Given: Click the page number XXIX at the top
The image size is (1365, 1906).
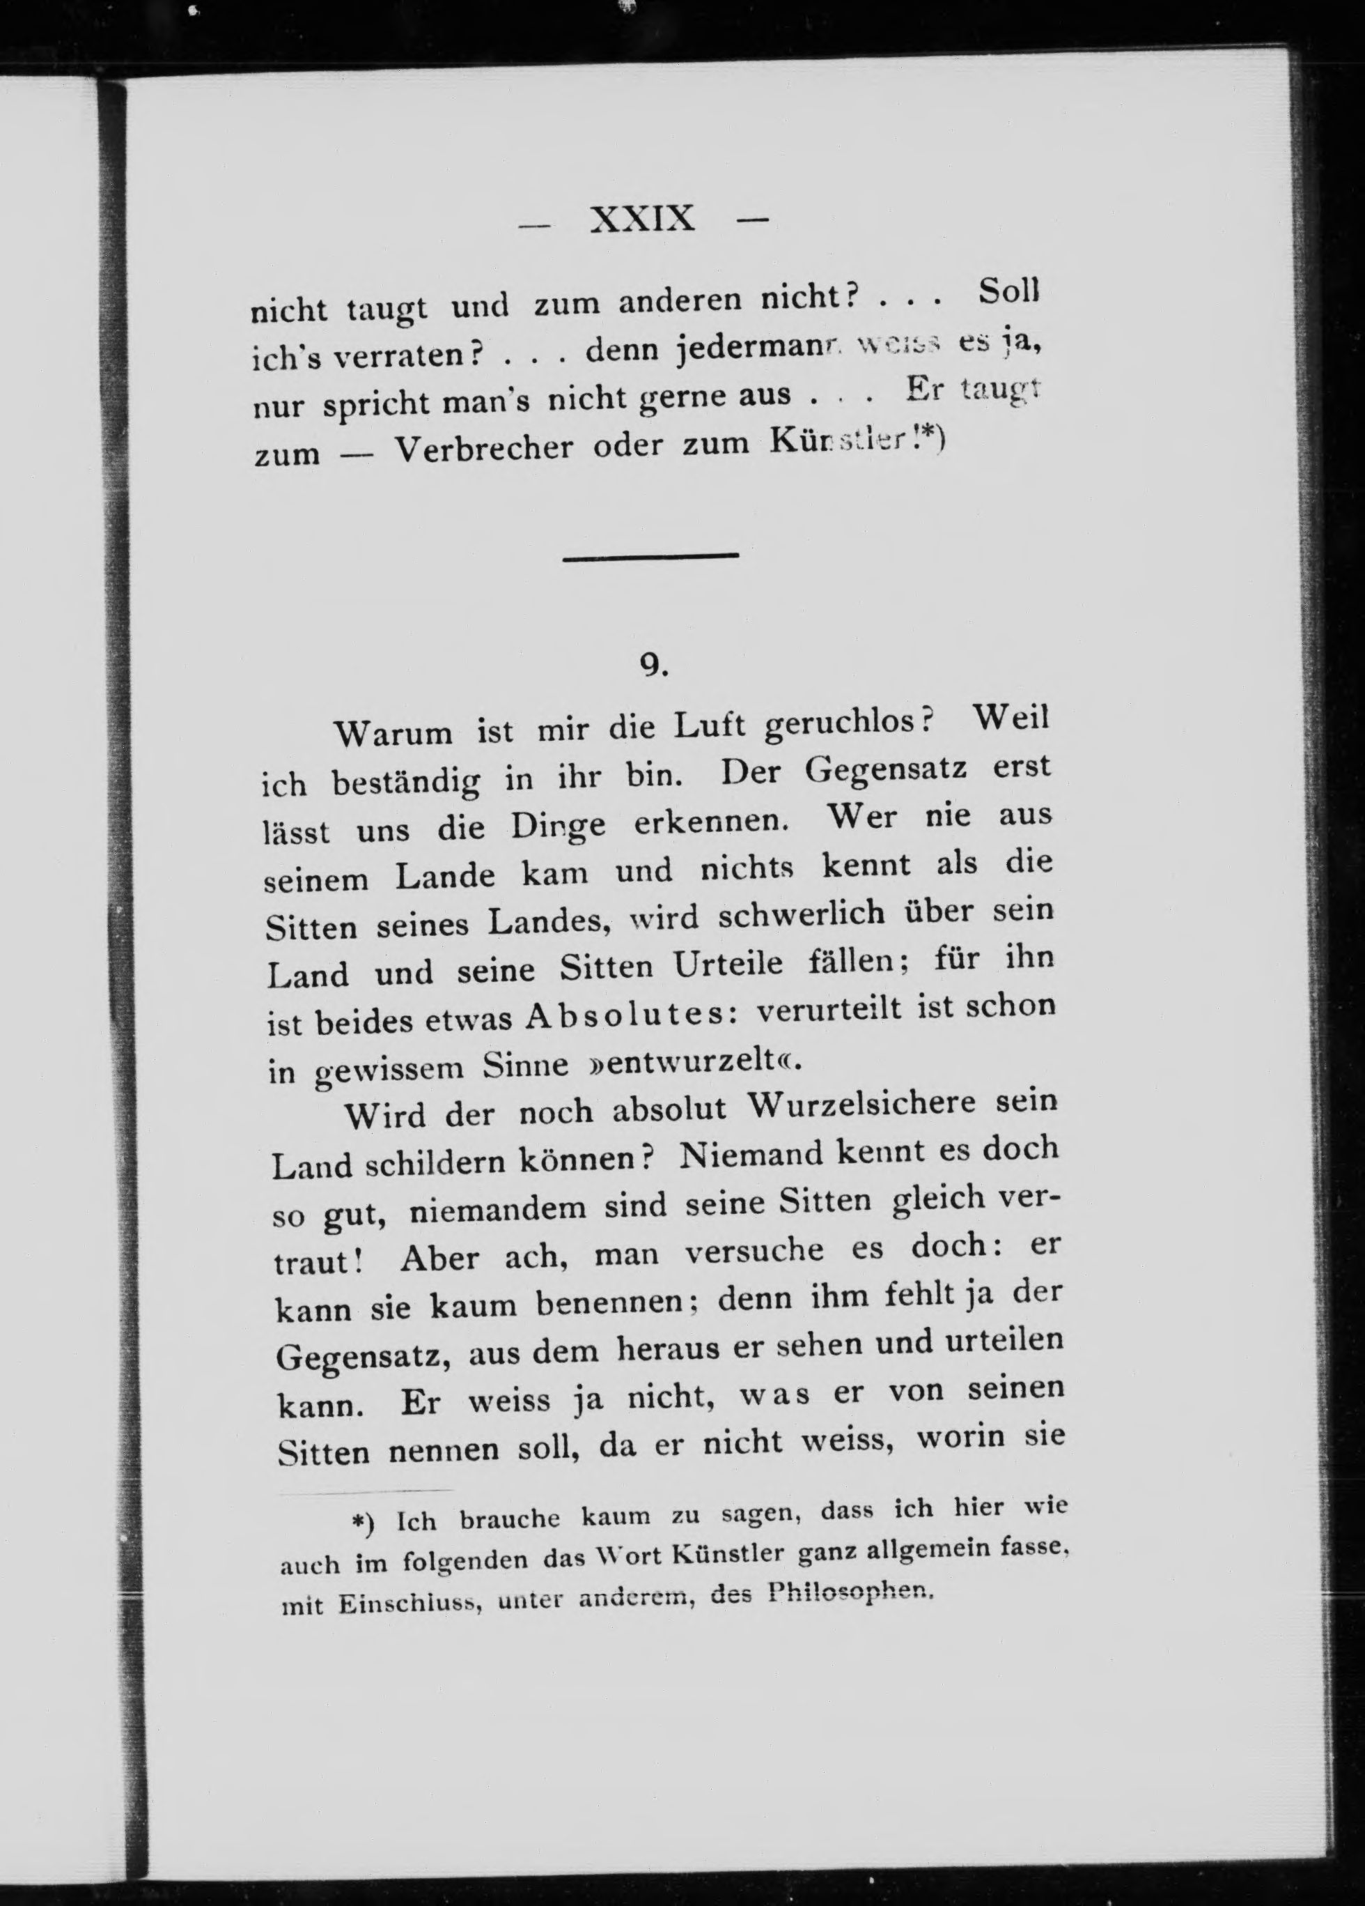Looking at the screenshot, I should (643, 220).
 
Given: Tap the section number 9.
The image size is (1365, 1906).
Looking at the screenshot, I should (653, 665).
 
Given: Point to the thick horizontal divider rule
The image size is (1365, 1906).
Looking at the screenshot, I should (650, 555).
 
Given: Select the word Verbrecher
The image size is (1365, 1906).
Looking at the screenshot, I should (485, 449).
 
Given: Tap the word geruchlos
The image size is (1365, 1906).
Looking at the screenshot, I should (848, 724).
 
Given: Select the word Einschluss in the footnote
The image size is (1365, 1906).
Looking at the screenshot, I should (411, 1604).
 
